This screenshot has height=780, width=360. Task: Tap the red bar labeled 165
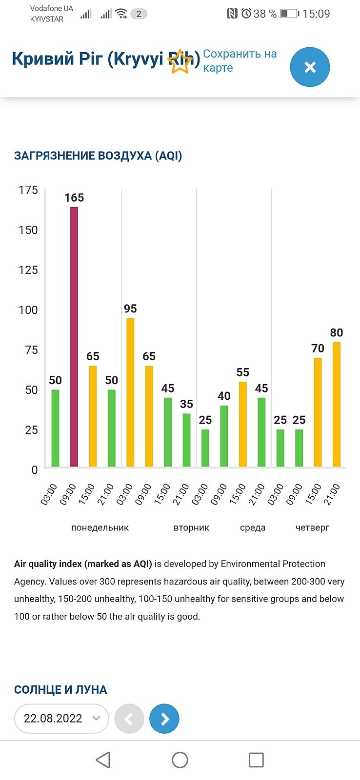(74, 336)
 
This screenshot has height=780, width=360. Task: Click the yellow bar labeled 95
(130, 392)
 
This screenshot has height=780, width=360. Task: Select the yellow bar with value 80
(337, 404)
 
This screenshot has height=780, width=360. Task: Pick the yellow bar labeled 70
(318, 412)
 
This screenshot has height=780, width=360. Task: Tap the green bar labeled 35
(186, 440)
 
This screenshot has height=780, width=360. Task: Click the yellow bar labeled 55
(243, 424)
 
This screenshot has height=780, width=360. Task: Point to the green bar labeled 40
(224, 436)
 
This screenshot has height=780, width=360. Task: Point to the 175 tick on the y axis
(28, 190)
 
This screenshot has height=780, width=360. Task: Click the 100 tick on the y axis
(28, 310)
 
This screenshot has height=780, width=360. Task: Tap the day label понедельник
(100, 527)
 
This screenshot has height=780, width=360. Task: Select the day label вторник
(191, 527)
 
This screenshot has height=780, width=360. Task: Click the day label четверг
(312, 527)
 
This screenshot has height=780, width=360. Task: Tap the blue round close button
(310, 67)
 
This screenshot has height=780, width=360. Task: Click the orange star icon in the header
(180, 61)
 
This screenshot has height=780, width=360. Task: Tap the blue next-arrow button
(164, 719)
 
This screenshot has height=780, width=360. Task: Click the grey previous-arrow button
(129, 719)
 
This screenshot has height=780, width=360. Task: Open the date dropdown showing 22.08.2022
(61, 719)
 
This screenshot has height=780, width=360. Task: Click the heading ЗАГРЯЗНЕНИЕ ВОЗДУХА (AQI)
(98, 156)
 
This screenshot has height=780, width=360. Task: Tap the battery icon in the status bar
(289, 14)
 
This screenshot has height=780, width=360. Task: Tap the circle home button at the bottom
(180, 760)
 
